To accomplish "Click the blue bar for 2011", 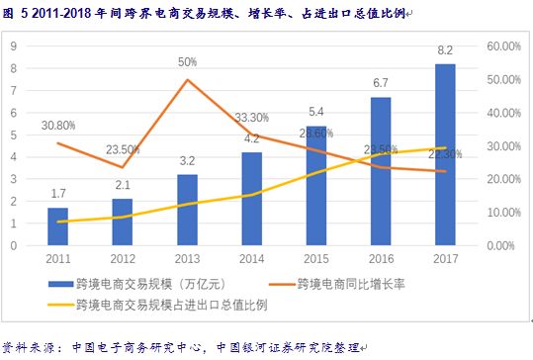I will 58,226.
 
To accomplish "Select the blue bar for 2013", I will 188,210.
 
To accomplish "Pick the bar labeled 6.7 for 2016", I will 381,171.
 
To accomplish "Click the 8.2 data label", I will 445,50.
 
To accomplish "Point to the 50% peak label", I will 187,61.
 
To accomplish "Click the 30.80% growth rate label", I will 58,126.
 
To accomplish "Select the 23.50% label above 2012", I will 124,149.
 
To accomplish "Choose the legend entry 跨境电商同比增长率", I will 356,284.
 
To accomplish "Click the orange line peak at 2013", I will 187,79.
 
